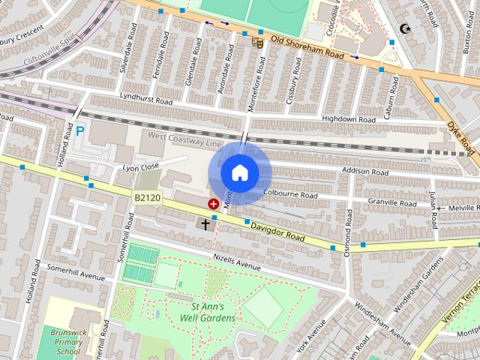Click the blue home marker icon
(239, 172)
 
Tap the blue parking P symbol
(80, 131)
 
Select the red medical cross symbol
(214, 203)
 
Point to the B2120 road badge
(147, 196)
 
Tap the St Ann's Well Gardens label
(202, 312)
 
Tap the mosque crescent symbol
(407, 29)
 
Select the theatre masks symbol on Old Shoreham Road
(259, 43)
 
